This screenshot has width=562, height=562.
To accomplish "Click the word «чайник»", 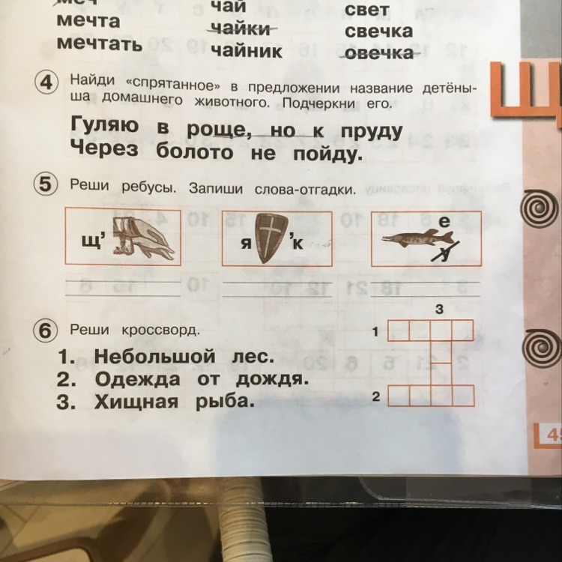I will pos(247,51).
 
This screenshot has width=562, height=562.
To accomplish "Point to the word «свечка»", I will pos(378,31).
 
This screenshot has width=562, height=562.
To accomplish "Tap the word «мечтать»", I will pos(99,43).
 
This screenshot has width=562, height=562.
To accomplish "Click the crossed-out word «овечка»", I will pos(378,53).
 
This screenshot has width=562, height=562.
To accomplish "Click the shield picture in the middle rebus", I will pos(271,238).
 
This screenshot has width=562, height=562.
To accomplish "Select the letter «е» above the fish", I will pos(445,222).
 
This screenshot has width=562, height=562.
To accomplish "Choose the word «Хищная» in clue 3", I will pos(130,402).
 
